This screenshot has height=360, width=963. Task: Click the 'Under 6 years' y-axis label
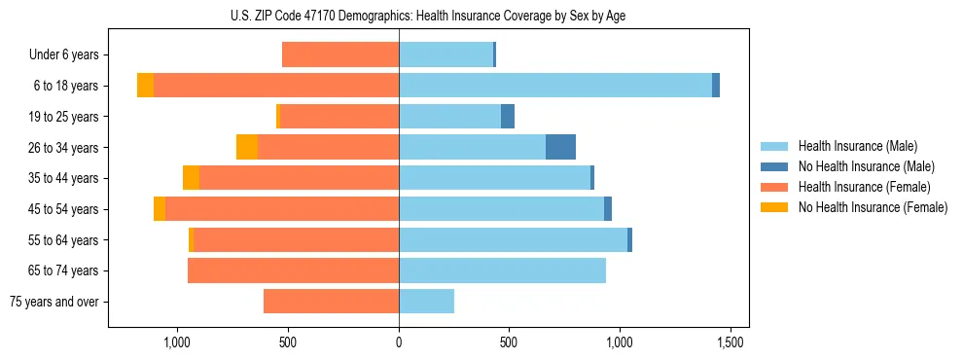[x=63, y=55]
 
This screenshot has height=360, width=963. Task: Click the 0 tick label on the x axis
[x=399, y=342]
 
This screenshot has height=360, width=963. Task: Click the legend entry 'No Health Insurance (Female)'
[x=873, y=207]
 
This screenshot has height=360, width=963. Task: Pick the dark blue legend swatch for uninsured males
[x=774, y=166]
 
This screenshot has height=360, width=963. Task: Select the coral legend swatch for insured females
[x=774, y=187]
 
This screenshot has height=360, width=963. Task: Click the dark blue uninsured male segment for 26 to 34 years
[x=560, y=147]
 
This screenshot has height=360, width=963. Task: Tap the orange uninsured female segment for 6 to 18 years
[x=145, y=86]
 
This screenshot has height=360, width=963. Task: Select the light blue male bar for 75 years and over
[x=426, y=302]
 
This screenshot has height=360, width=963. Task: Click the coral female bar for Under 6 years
[x=340, y=55]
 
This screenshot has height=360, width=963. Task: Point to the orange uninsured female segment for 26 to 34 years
[x=247, y=147]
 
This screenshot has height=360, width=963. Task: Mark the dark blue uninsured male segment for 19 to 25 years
[x=508, y=117]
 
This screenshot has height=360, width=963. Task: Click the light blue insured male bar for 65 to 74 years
[x=502, y=270]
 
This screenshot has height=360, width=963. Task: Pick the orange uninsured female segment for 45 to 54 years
[x=160, y=209]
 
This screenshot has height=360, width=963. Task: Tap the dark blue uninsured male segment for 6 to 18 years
[x=716, y=86]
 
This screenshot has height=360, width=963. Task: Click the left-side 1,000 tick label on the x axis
[x=176, y=342]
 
